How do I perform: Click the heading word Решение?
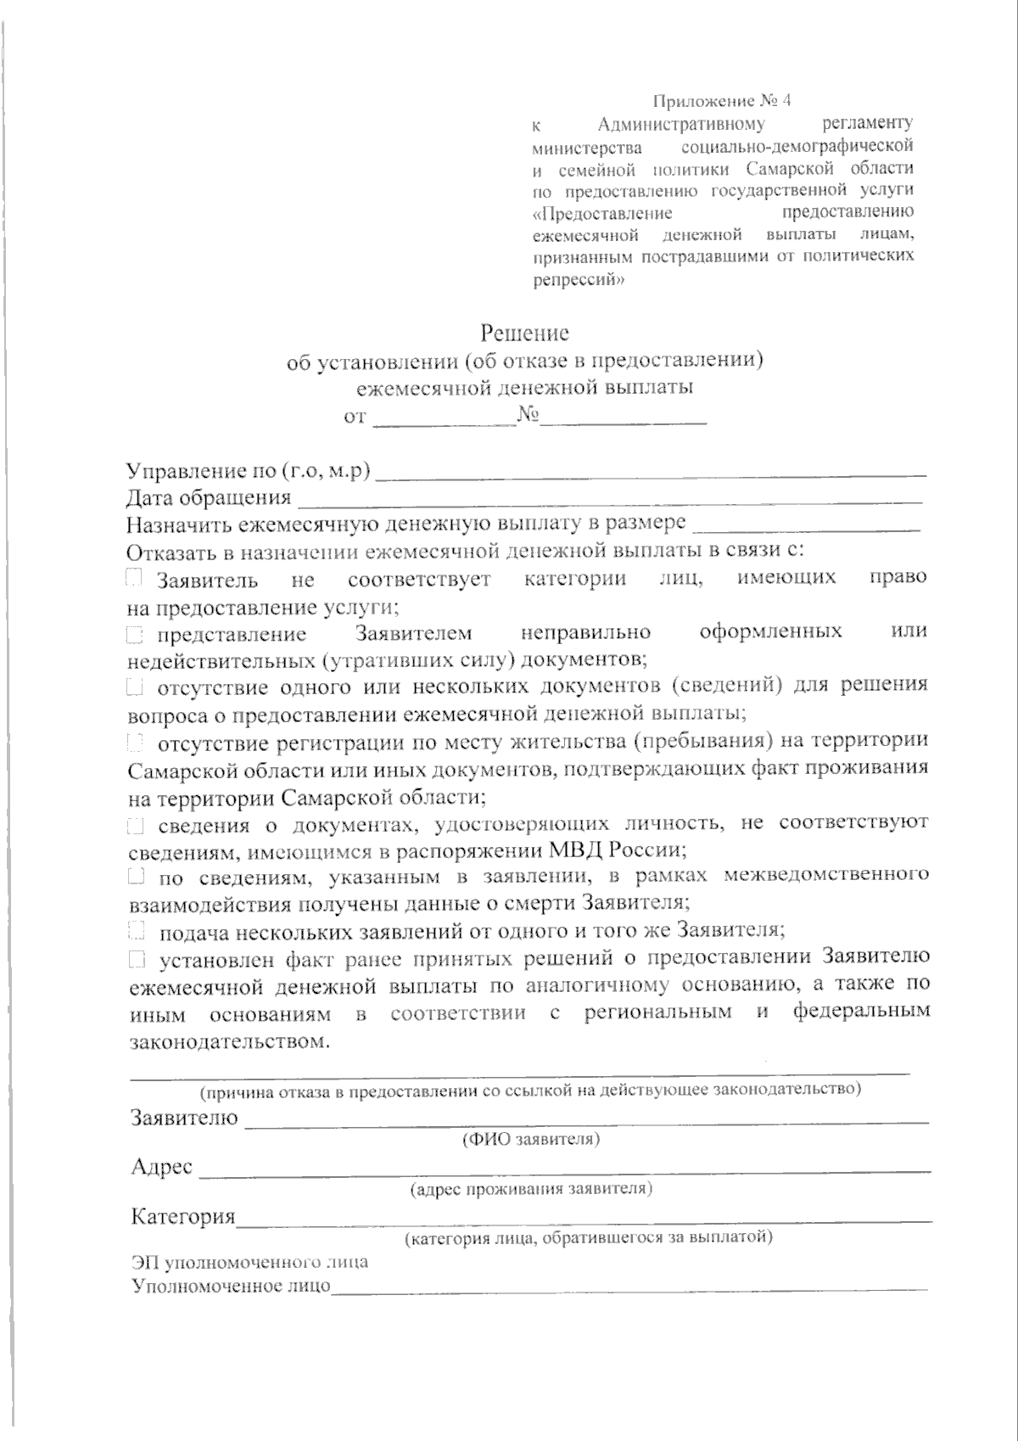[525, 332]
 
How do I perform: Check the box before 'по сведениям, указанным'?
[134, 875]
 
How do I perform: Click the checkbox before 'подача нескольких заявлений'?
[134, 932]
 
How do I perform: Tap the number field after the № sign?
[624, 416]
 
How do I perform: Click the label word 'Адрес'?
[161, 1167]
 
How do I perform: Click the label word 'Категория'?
[182, 1217]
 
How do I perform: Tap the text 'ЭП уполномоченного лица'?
[249, 1262]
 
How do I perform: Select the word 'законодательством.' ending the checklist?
[228, 1040]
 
